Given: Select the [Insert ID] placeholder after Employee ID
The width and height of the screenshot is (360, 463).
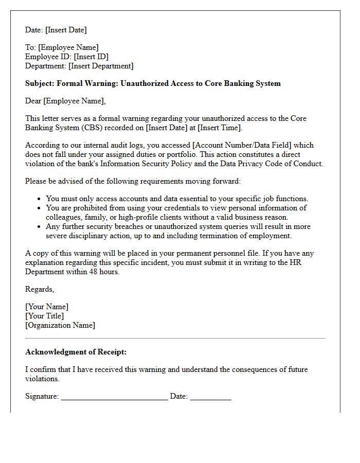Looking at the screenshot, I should (91, 57).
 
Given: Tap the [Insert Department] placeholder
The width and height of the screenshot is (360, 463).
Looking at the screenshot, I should (101, 66).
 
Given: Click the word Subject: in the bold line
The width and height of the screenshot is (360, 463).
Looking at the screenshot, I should (40, 83).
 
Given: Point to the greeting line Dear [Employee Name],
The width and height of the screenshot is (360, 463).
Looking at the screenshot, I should (65, 101).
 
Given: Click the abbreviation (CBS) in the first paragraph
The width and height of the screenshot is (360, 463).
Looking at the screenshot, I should (106, 128).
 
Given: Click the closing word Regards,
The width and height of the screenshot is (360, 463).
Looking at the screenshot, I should (40, 289).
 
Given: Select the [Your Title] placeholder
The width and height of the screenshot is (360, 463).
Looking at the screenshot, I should (45, 316).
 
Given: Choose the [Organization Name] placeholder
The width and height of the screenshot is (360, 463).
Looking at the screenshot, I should (60, 325).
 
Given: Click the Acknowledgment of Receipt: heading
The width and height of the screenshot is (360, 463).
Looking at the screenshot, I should (76, 352).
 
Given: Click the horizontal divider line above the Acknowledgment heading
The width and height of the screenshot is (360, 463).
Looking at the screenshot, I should (175, 339).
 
